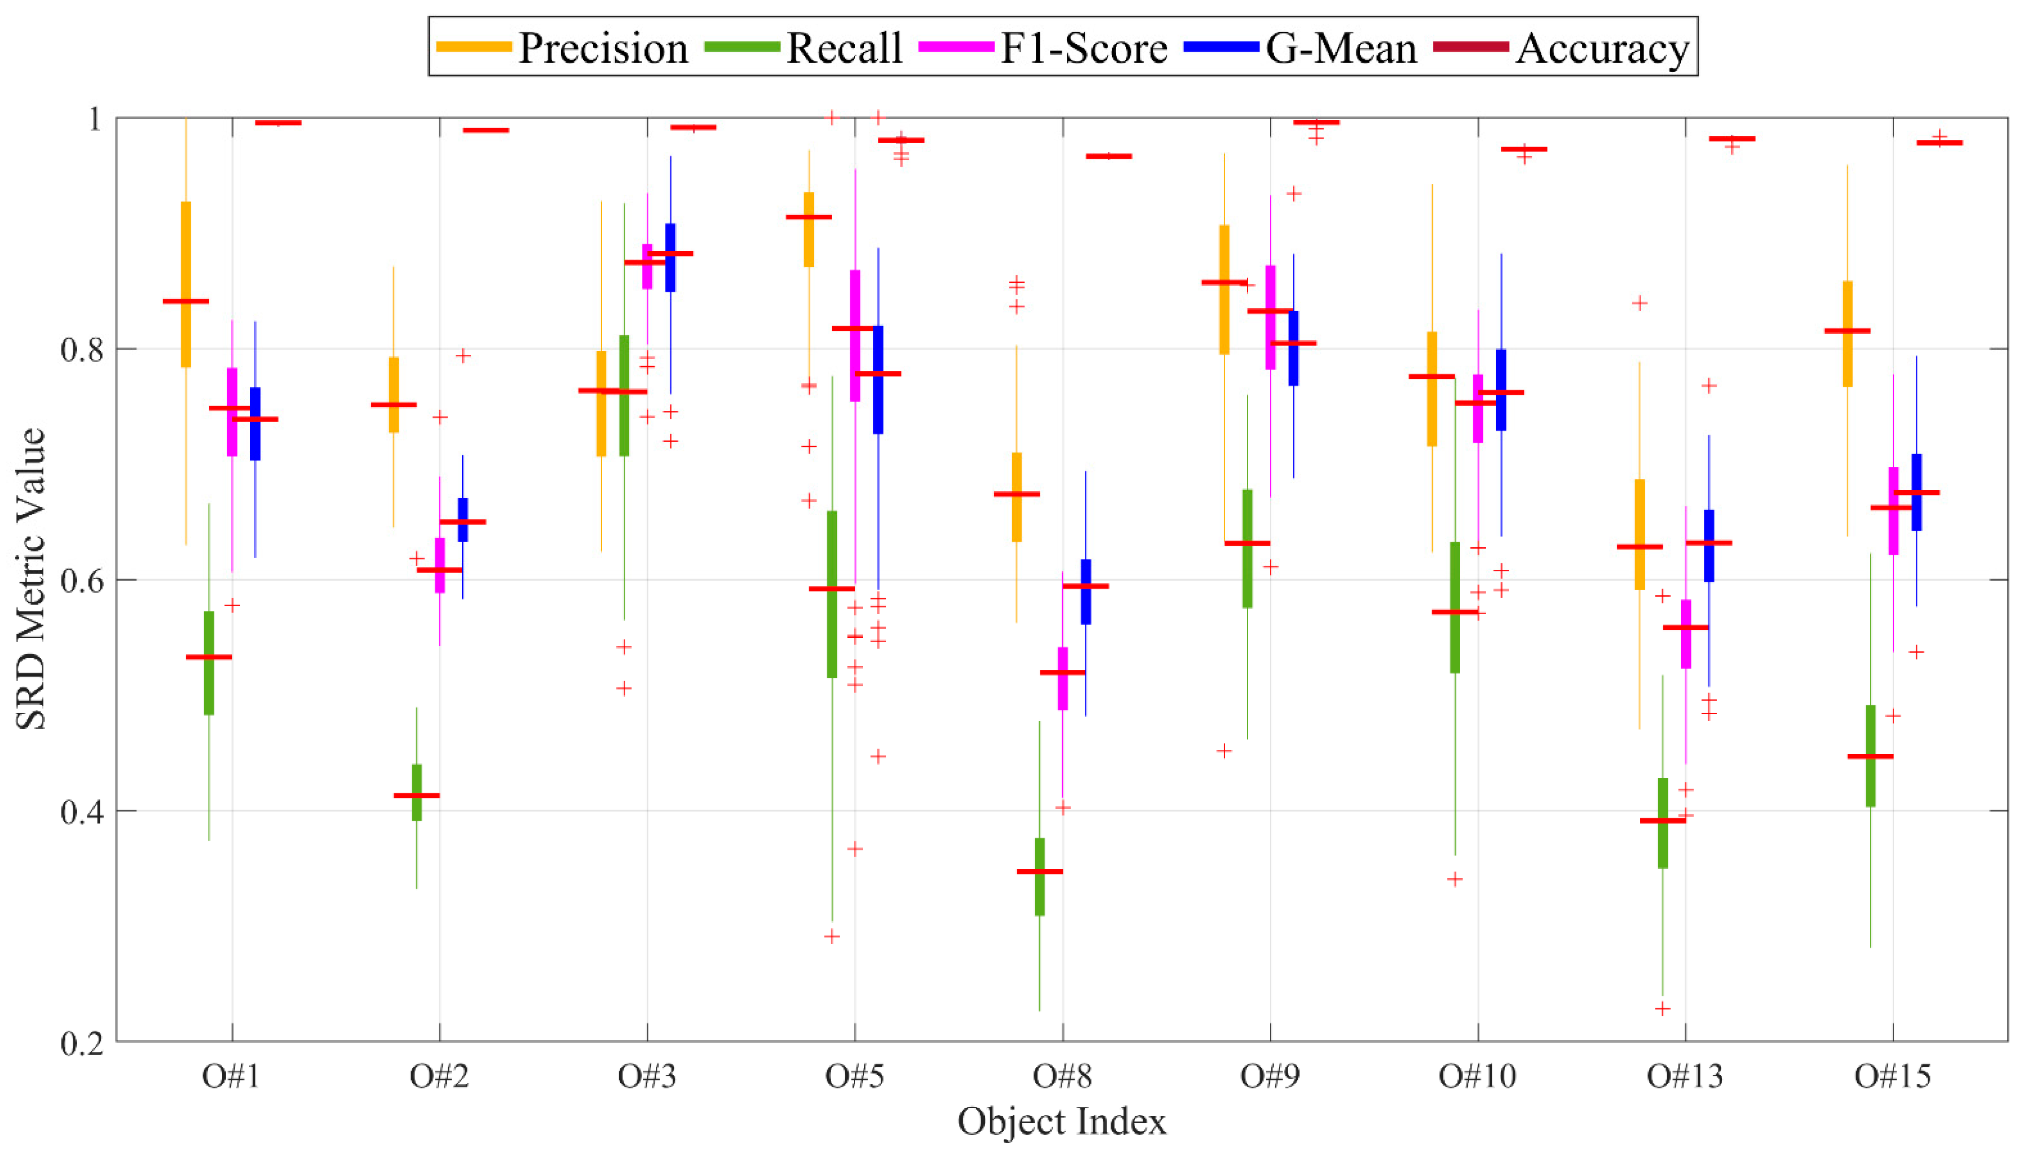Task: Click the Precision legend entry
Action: pyautogui.click(x=562, y=48)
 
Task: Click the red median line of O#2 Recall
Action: pyautogui.click(x=417, y=795)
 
